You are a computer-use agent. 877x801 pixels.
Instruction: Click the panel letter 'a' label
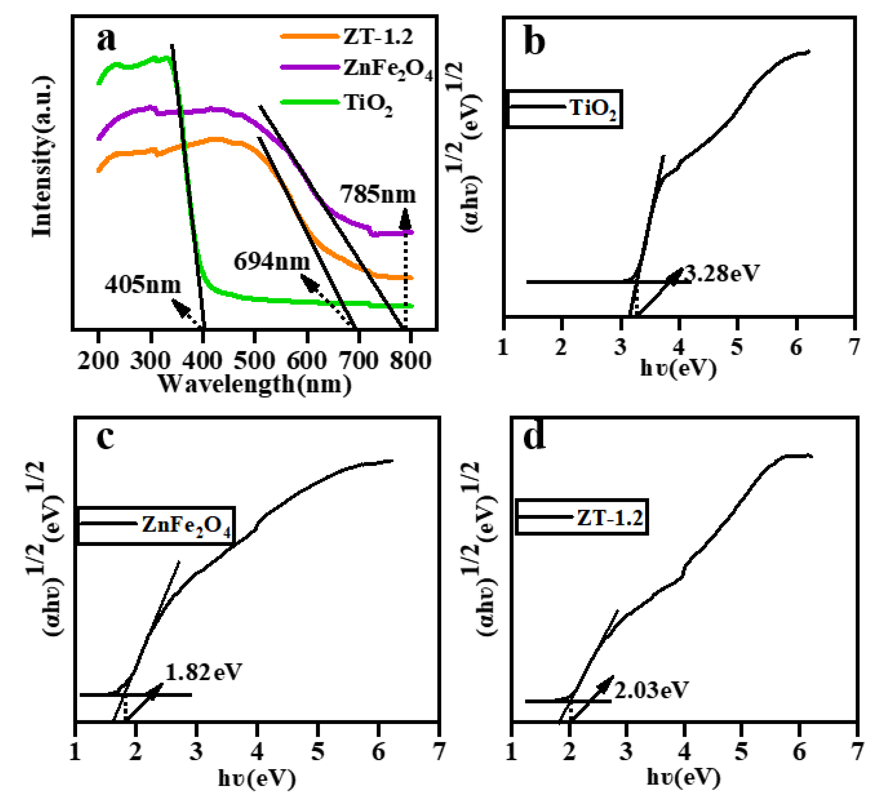pos(106,40)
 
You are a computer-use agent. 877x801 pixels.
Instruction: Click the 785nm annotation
pos(378,194)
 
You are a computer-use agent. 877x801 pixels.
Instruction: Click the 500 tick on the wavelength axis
pos(254,360)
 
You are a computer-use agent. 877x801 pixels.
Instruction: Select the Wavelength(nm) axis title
pos(254,384)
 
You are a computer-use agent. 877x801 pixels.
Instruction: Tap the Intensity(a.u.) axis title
pos(42,157)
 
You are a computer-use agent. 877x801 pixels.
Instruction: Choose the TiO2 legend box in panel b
pos(564,109)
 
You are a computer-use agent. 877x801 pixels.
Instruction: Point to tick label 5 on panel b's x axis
pos(736,347)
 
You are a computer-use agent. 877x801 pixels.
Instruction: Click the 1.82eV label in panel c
pos(203,672)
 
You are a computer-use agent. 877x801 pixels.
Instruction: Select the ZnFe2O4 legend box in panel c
pos(156,525)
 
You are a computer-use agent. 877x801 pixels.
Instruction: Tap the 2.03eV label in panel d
pos(651,690)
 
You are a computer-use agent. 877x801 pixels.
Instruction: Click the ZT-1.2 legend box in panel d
pos(582,517)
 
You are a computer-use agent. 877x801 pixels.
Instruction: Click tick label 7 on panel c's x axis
pos(440,750)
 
